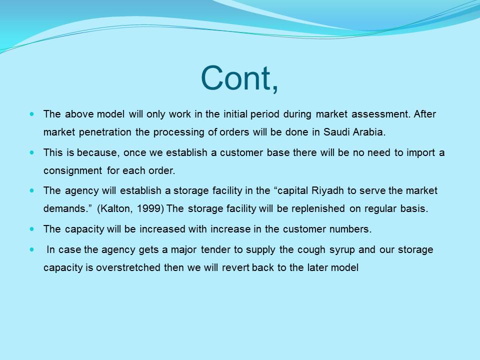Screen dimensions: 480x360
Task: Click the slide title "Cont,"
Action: coord(239,78)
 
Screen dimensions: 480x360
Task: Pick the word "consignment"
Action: coord(73,170)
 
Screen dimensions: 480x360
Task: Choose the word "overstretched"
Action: coord(128,267)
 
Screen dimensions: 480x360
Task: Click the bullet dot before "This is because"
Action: coord(32,152)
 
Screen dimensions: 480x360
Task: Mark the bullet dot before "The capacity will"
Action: coord(32,229)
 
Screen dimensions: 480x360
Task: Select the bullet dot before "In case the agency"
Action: coord(32,249)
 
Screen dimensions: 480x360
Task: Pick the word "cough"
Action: coord(311,250)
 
